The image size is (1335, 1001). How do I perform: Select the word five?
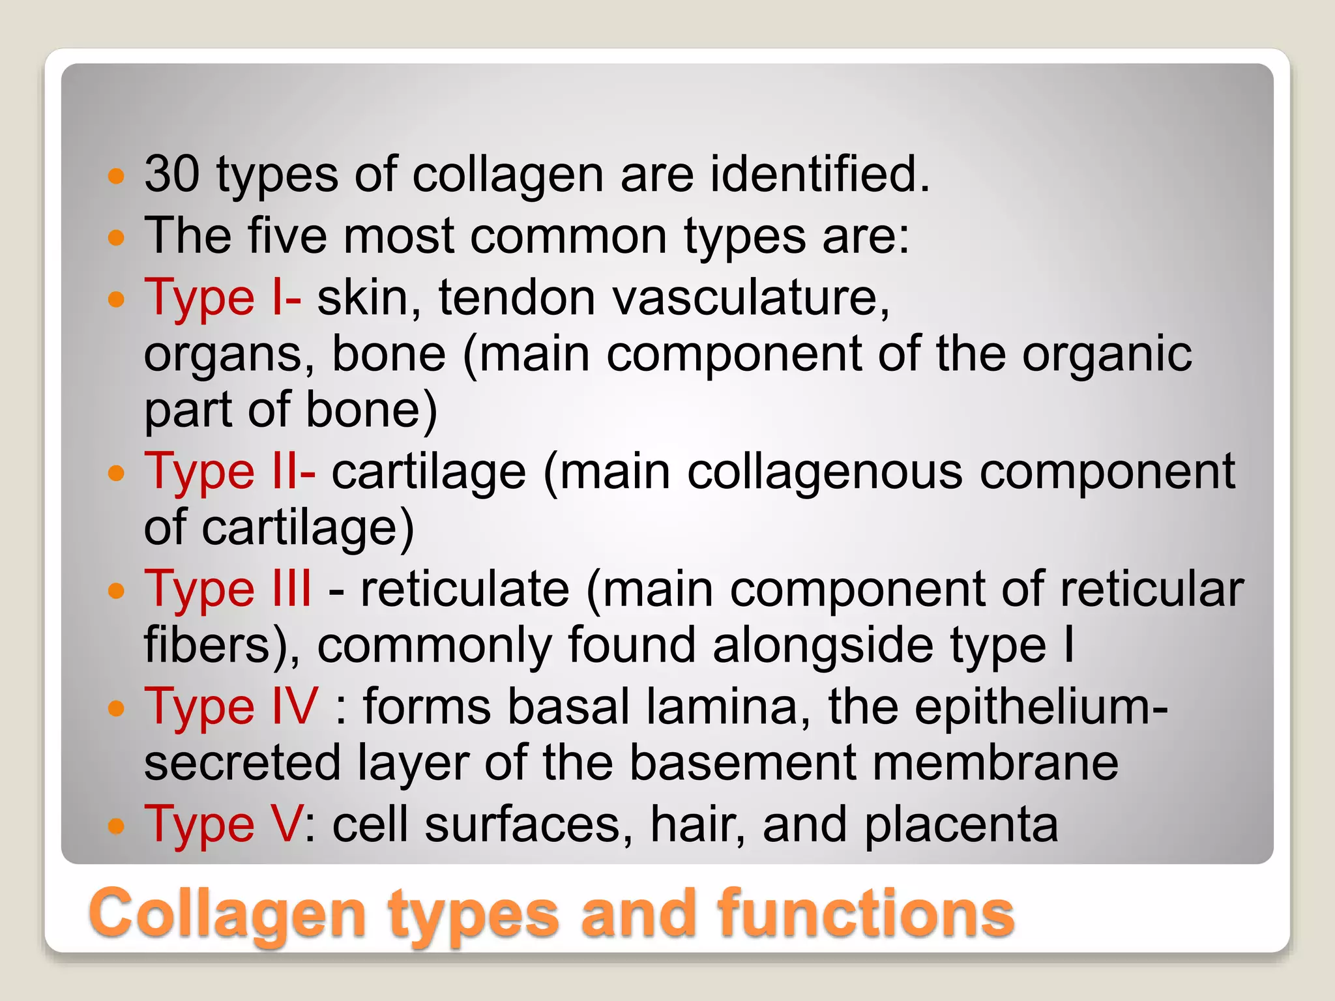tap(287, 235)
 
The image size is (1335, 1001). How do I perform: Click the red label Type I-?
tap(222, 297)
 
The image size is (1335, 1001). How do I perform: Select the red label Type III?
tap(227, 589)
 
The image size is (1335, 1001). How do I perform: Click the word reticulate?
tap(465, 589)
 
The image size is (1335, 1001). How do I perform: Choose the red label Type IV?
tap(231, 706)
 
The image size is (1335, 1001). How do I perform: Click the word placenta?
tap(961, 824)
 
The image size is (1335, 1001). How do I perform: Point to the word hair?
tap(697, 824)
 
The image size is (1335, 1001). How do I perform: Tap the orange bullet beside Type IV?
tap(116, 708)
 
